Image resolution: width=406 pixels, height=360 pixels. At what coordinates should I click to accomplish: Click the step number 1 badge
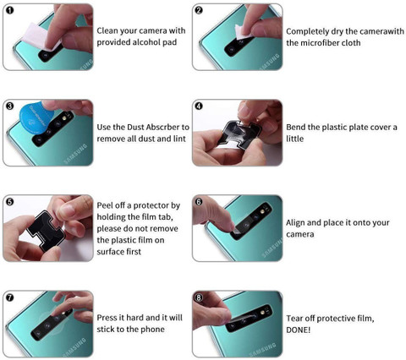8,11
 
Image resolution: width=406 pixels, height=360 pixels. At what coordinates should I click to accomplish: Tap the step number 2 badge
199,11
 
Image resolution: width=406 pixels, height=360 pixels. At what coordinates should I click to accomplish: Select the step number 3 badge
8,107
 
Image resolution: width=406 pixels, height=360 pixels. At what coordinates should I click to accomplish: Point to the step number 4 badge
199,107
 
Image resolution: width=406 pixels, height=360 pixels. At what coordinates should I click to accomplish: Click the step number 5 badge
8,202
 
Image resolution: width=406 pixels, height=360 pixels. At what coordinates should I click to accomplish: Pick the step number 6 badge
199,202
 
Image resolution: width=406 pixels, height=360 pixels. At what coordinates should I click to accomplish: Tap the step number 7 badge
8,298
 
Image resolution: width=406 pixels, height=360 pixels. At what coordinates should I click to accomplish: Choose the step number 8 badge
199,298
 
